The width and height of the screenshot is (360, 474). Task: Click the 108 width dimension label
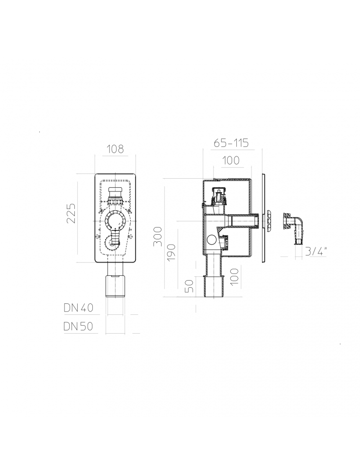[116, 149]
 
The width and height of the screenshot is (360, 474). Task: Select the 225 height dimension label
[72, 213]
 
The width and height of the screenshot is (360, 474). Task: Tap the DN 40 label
[79, 308]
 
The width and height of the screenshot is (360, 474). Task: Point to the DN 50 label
[78, 326]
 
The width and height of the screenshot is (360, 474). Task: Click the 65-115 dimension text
[231, 143]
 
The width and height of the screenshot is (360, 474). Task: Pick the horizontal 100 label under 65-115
[231, 160]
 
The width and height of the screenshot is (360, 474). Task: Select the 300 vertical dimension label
[158, 236]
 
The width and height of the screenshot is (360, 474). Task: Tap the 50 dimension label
[189, 286]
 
